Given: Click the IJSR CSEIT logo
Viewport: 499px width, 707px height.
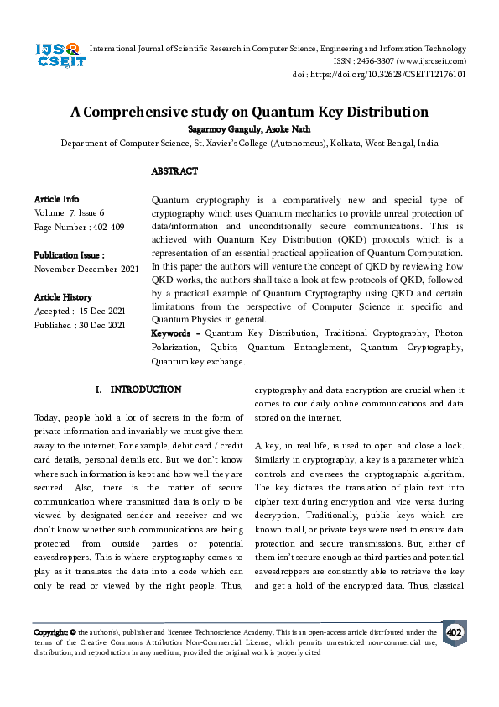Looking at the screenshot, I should coord(57,55).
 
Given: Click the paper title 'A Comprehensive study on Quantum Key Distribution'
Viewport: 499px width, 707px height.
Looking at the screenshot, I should coord(249,112).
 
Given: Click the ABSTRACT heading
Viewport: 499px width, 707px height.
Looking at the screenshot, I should coord(174,171).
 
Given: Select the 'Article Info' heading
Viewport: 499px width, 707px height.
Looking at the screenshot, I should coord(56,199).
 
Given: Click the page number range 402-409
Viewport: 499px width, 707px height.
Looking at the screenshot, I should coord(107,227).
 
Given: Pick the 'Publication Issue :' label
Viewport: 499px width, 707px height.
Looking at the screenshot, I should coord(69,254).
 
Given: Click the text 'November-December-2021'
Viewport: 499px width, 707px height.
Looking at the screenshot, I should coord(86,269).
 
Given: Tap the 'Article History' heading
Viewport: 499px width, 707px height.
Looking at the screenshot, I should coord(63,297).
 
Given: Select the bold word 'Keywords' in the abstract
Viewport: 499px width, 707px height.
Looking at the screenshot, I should coord(174,334).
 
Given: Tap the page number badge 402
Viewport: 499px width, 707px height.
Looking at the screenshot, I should coord(454,632).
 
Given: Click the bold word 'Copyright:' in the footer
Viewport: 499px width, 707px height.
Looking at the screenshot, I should coord(51,632).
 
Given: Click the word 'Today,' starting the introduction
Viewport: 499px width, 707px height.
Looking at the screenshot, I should coord(47,418).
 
